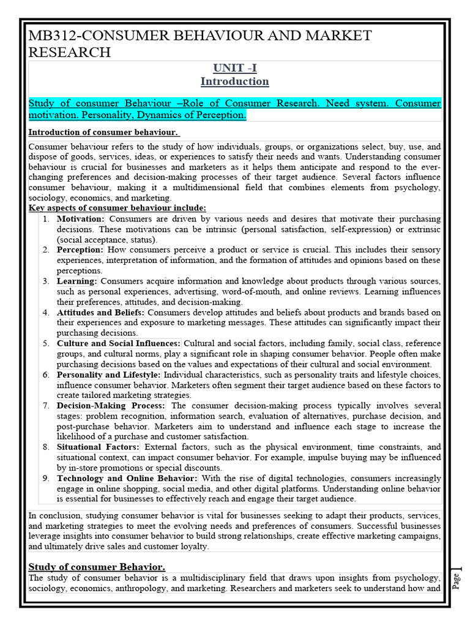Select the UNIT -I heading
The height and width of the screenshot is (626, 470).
click(234, 68)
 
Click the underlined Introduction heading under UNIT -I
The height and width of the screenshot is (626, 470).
click(234, 81)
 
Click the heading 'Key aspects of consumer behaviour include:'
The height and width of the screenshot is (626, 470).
click(117, 208)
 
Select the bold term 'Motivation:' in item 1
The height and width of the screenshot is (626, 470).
click(81, 218)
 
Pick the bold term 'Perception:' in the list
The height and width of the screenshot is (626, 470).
click(80, 250)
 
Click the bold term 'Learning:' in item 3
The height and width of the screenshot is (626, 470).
click(77, 281)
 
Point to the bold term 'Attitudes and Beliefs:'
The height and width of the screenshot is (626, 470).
click(101, 312)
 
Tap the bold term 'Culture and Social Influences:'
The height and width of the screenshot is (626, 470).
click(119, 344)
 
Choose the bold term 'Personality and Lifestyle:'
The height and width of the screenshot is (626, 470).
click(109, 375)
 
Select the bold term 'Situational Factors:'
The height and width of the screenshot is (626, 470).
click(98, 447)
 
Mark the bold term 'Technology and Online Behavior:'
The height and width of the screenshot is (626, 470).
click(127, 479)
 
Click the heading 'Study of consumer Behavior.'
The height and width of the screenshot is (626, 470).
click(97, 567)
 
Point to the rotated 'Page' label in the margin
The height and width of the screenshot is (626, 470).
click(456, 580)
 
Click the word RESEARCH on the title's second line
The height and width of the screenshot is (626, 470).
click(70, 52)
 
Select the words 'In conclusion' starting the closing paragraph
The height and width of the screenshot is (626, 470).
click(54, 515)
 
